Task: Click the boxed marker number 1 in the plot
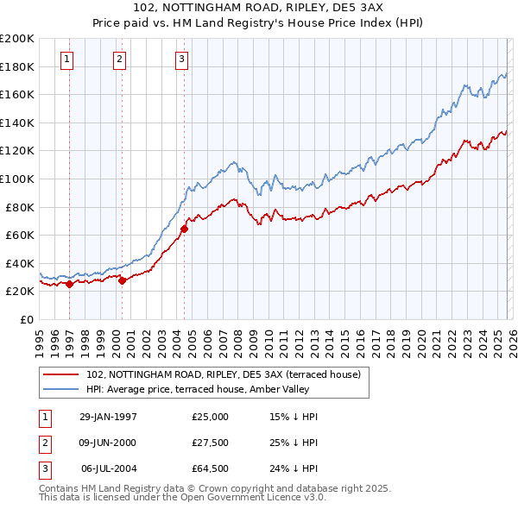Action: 68,60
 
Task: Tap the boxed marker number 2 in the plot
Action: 119,60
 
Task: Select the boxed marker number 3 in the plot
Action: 182,60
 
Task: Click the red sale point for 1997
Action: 69,284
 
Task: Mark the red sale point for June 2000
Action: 122,280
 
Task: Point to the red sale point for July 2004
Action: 184,229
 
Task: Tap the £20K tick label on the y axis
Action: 21,292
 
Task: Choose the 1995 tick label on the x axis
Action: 39,336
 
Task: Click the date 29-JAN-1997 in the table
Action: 108,416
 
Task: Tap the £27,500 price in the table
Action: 211,443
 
